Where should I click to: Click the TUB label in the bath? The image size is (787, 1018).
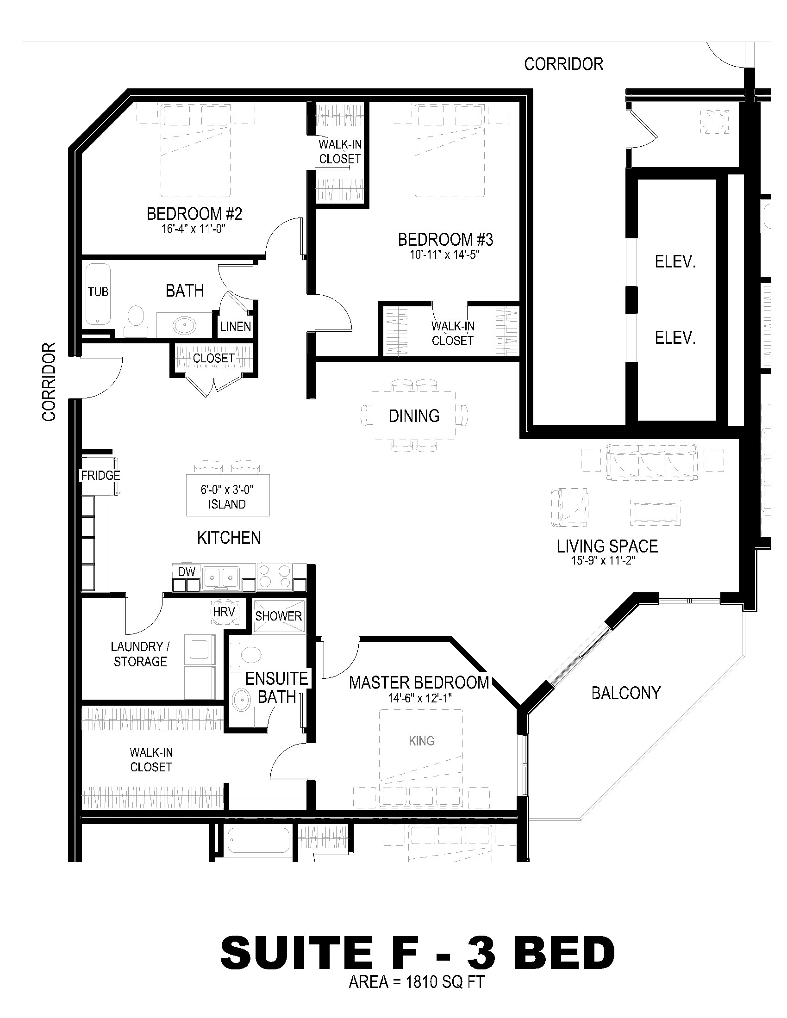click(x=98, y=292)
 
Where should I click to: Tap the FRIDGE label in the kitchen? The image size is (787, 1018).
click(x=101, y=475)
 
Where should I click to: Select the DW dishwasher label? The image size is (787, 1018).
click(x=187, y=571)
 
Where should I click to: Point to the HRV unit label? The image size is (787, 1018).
click(x=223, y=612)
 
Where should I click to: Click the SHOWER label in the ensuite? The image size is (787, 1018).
click(x=278, y=616)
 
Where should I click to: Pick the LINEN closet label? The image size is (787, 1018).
click(x=236, y=326)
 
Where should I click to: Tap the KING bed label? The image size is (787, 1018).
click(x=421, y=741)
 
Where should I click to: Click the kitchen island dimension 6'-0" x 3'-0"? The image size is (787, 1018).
click(x=227, y=490)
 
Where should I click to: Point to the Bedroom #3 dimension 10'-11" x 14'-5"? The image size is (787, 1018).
click(x=446, y=254)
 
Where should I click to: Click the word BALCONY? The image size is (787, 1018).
click(x=626, y=693)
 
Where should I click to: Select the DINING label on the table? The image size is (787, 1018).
click(x=414, y=416)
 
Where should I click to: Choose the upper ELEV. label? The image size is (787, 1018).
click(x=675, y=262)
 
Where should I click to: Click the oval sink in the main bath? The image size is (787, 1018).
click(x=185, y=324)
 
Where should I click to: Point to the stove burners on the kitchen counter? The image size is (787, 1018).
click(x=275, y=576)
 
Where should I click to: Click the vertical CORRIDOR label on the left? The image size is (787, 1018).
click(x=49, y=382)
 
